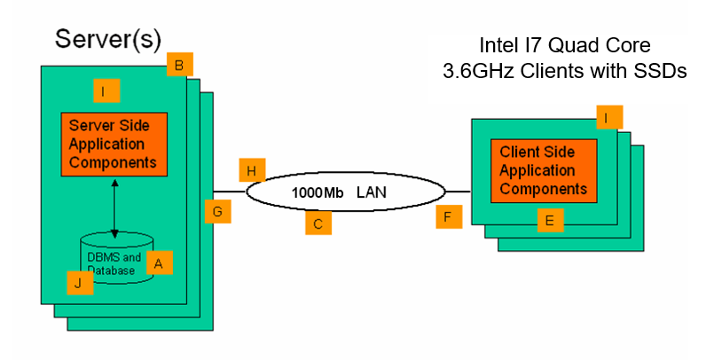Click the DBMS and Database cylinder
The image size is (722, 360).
pyautogui.click(x=115, y=257)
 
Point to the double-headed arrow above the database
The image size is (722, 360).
pyautogui.click(x=114, y=207)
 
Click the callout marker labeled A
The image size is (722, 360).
pyautogui.click(x=160, y=263)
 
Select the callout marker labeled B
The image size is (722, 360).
pyautogui.click(x=179, y=65)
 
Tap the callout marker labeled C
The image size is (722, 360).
pyautogui.click(x=318, y=223)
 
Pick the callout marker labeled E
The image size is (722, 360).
pyautogui.click(x=551, y=221)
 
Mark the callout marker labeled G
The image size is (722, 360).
pyautogui.click(x=217, y=211)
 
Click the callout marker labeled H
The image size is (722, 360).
pyautogui.click(x=252, y=170)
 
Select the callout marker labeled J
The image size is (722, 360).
pyautogui.click(x=81, y=283)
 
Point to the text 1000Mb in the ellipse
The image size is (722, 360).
pyautogui.click(x=318, y=192)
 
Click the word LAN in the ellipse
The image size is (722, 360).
pyautogui.click(x=373, y=192)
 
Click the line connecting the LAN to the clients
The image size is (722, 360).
pyautogui.click(x=458, y=191)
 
